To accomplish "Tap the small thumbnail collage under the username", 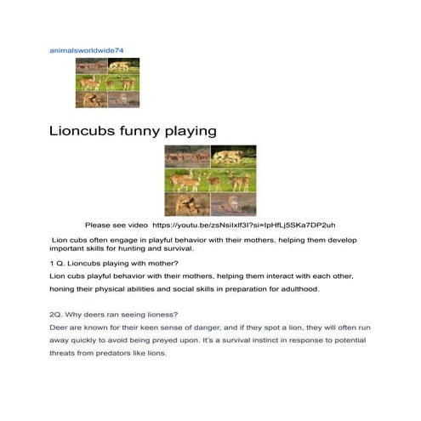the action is [x=107, y=82].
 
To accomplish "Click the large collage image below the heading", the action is [x=210, y=180].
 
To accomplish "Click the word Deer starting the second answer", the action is [x=60, y=327].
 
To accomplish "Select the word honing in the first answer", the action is [x=62, y=289].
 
